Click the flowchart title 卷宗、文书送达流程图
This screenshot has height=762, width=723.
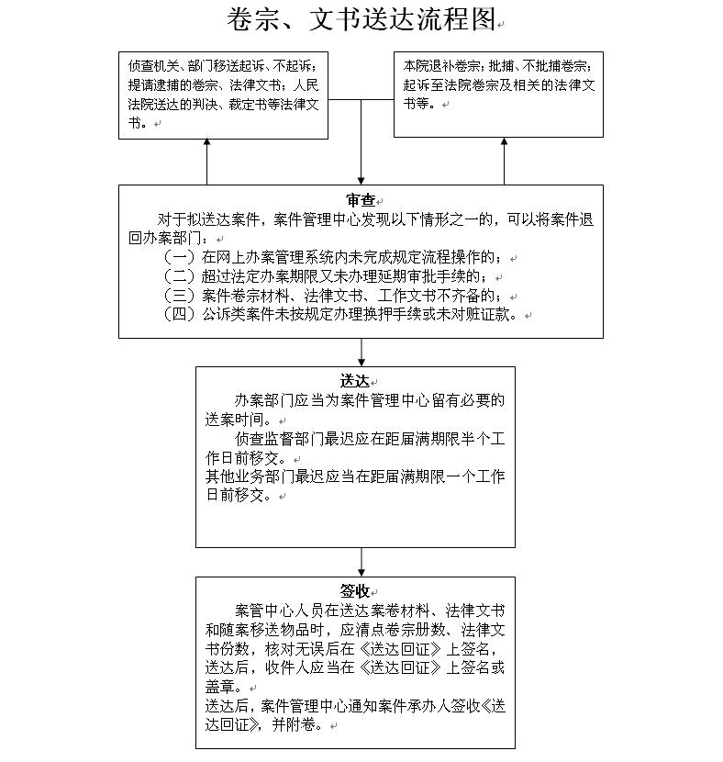click(x=361, y=18)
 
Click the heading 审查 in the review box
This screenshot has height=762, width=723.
click(x=361, y=200)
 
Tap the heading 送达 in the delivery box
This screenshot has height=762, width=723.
click(x=354, y=381)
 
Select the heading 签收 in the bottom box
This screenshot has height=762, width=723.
click(x=354, y=591)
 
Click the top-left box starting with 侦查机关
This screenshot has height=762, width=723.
click(x=223, y=95)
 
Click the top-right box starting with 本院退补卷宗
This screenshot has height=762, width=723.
click(x=498, y=95)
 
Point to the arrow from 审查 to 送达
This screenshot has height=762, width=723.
click(x=361, y=353)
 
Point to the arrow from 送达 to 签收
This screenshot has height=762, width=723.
click(x=361, y=562)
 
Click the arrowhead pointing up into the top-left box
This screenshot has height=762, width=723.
click(x=206, y=144)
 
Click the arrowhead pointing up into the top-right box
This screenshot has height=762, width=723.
click(x=504, y=144)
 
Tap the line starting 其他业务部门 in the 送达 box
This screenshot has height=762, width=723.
click(x=354, y=477)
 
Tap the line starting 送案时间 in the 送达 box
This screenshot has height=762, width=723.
click(x=237, y=420)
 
